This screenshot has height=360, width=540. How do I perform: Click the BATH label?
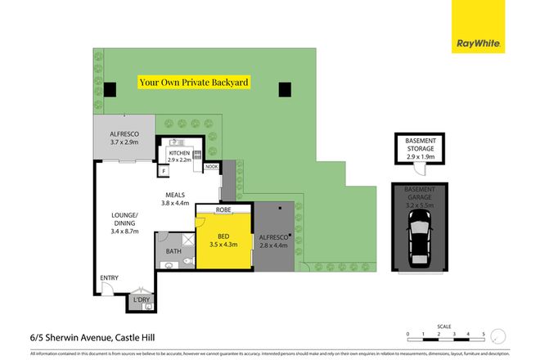173,251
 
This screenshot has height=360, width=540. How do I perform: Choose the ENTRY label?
110,278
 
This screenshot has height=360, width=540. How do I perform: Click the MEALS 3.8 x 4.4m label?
175,199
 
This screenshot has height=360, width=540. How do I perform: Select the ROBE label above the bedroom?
223,210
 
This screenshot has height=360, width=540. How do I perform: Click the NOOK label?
211,167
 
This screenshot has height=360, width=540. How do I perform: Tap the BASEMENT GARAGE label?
421,194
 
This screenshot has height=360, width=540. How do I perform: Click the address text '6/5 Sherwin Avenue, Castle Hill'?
84,337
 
